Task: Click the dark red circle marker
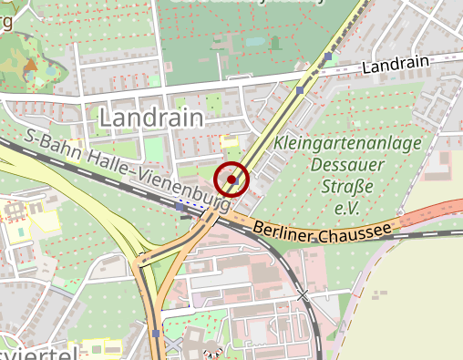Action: pos(232,180)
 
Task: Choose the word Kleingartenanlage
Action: pos(346,144)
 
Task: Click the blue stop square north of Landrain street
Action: pos(327,57)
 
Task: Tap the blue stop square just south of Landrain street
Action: pos(300,91)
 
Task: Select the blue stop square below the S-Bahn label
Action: pos(180,207)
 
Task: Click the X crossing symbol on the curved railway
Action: pos(304,294)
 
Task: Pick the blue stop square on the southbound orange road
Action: pos(158,334)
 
